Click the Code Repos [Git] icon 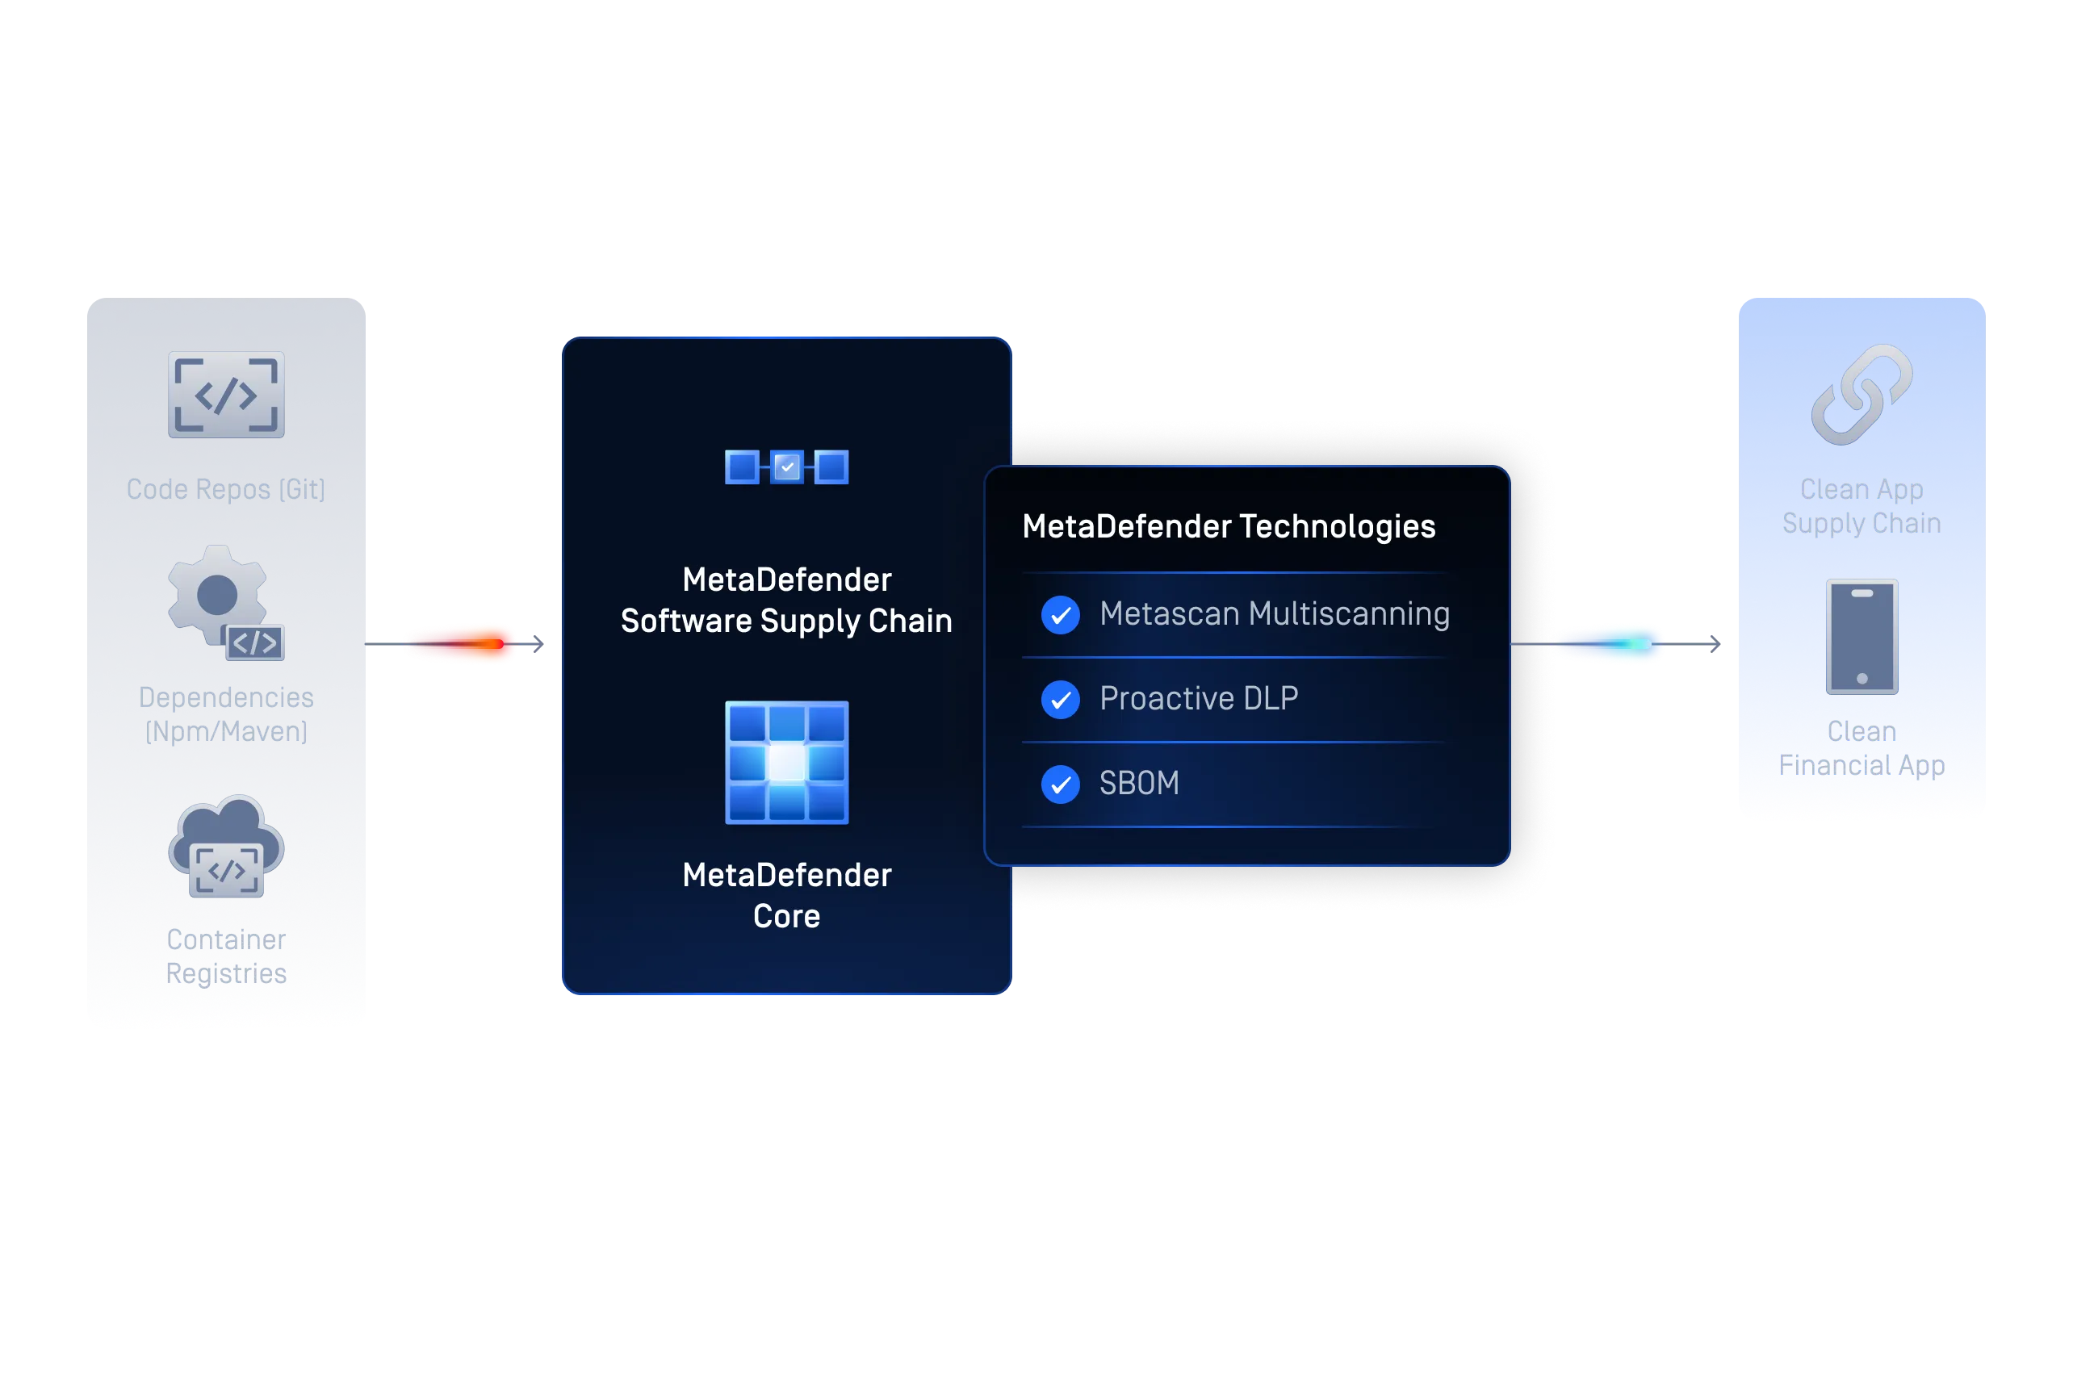coord(226,395)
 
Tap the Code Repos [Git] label coord(226,489)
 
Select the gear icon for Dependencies coord(226,602)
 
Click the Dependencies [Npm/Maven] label coord(226,713)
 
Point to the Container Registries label coord(226,956)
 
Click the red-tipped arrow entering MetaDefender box coord(454,644)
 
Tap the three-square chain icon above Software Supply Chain coord(787,467)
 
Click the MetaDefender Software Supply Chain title coord(787,600)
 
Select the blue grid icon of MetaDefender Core coord(787,762)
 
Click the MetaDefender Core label coord(787,895)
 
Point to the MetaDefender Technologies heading coord(1229,526)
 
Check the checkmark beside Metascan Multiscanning coord(1061,615)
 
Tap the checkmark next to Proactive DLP coord(1061,700)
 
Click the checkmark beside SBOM coord(1061,785)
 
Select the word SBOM coord(1139,784)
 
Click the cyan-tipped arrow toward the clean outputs coord(1616,644)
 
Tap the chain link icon coord(1862,395)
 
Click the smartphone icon coord(1862,637)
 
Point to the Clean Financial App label coord(1862,748)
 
